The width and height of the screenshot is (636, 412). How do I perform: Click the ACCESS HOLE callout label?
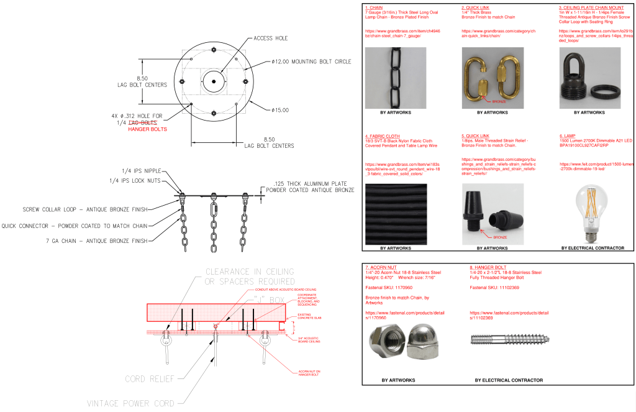point(271,39)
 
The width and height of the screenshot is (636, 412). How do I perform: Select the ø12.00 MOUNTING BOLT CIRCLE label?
point(311,62)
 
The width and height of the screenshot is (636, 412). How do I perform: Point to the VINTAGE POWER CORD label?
point(130,403)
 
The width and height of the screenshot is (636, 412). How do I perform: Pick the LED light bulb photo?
point(589,214)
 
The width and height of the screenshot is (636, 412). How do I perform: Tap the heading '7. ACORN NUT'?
point(381,267)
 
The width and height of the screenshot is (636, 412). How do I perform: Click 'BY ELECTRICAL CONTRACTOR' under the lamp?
point(593,249)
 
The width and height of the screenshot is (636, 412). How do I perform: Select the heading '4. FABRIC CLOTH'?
point(382,135)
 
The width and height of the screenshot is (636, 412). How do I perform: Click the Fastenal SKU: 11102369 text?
point(494,288)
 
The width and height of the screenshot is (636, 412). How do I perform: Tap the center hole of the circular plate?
point(213,81)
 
